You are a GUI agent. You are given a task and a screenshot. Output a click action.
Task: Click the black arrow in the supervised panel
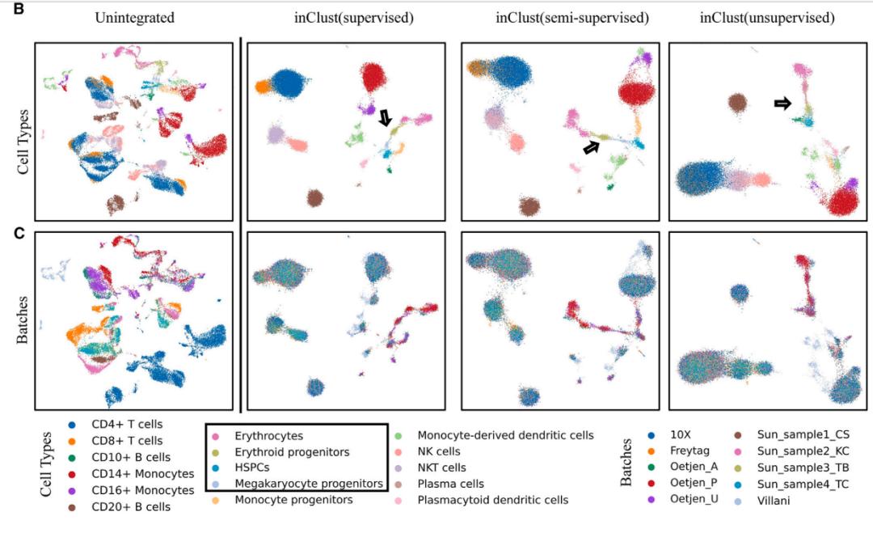tap(386, 118)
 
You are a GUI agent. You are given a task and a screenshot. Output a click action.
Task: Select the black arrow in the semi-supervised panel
tap(593, 146)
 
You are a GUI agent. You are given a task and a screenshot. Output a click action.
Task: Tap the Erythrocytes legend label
tap(266, 435)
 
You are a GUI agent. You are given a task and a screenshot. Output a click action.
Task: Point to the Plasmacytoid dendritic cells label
tap(492, 500)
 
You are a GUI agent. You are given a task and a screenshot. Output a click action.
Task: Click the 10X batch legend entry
tap(680, 435)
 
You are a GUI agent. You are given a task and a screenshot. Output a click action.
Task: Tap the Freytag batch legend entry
tap(690, 451)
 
